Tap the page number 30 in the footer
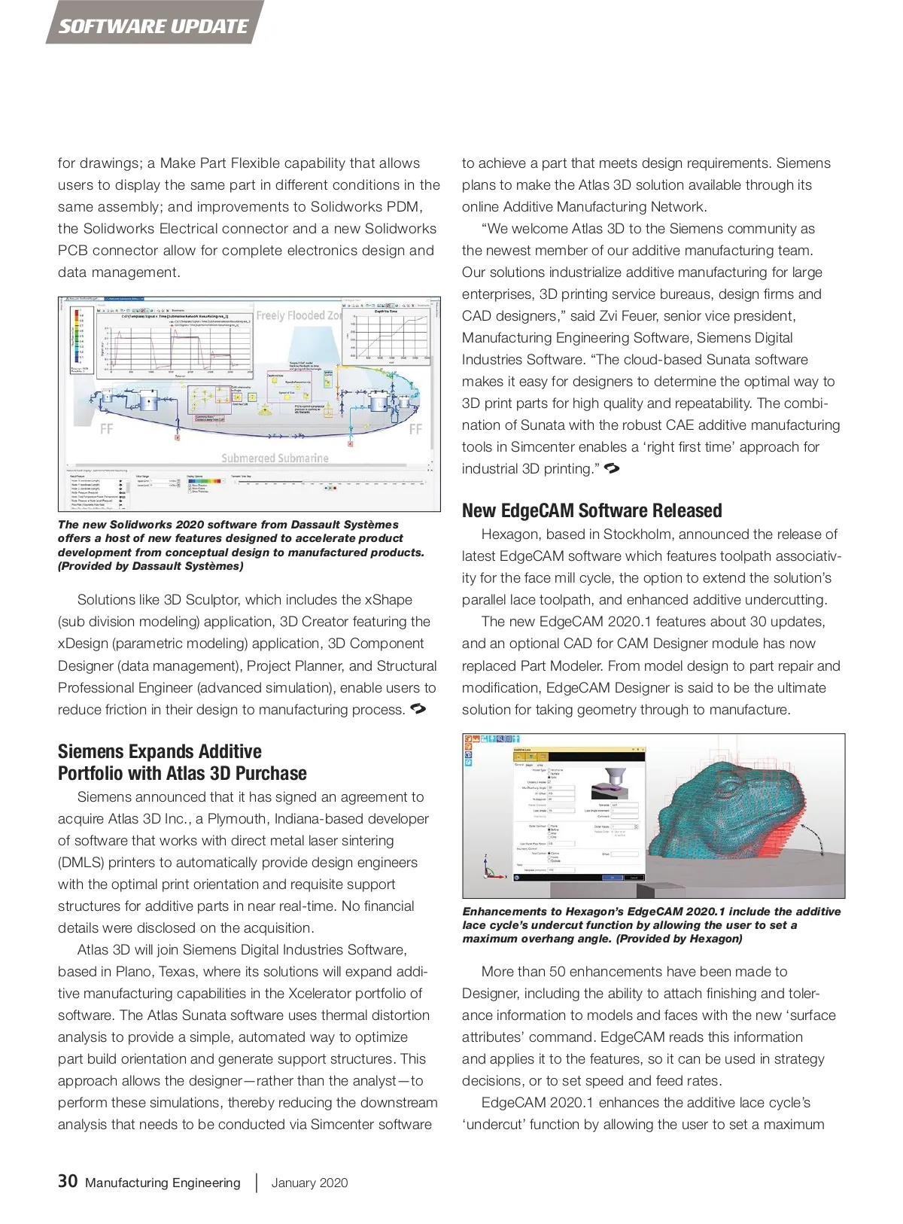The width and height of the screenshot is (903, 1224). pos(68,1180)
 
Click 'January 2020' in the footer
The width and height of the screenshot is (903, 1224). pos(309,1183)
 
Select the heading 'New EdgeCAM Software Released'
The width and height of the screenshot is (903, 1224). pos(591,510)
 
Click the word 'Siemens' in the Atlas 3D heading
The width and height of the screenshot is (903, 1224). pos(94,751)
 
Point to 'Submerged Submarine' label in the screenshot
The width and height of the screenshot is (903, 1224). pos(275,458)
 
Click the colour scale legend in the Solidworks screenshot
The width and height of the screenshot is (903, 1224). pos(75,339)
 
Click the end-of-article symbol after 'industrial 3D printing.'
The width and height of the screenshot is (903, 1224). pos(612,469)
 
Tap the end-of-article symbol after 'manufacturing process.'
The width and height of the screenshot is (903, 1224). pos(418,709)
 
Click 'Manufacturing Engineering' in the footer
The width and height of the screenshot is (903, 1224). pos(163,1183)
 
